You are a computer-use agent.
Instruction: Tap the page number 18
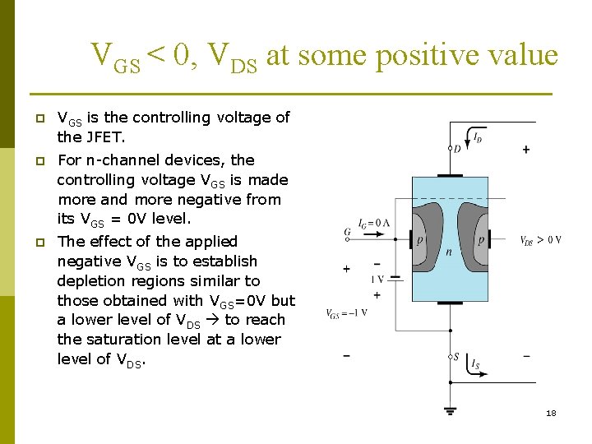[551, 413]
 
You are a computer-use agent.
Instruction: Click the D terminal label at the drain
[458, 149]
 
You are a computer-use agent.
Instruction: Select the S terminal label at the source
[458, 357]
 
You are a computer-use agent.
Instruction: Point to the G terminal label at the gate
[347, 233]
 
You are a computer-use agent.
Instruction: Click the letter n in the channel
[449, 252]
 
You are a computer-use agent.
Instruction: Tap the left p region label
[419, 240]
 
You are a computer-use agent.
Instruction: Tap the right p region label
[480, 240]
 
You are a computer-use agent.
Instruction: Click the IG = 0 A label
[373, 223]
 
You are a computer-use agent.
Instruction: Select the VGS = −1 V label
[346, 313]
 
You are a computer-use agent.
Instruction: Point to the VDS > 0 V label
[541, 240]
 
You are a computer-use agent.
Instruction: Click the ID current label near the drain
[478, 135]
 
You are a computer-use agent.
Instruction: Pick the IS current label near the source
[477, 364]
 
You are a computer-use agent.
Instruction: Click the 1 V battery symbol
[395, 279]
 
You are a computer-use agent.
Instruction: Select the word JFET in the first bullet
[103, 137]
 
